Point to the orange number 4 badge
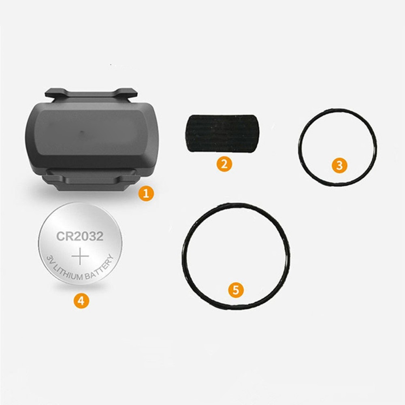(81, 301)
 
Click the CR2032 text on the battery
(80, 236)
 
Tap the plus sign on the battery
(80, 257)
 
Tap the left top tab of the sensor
(55, 93)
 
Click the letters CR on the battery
(63, 236)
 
